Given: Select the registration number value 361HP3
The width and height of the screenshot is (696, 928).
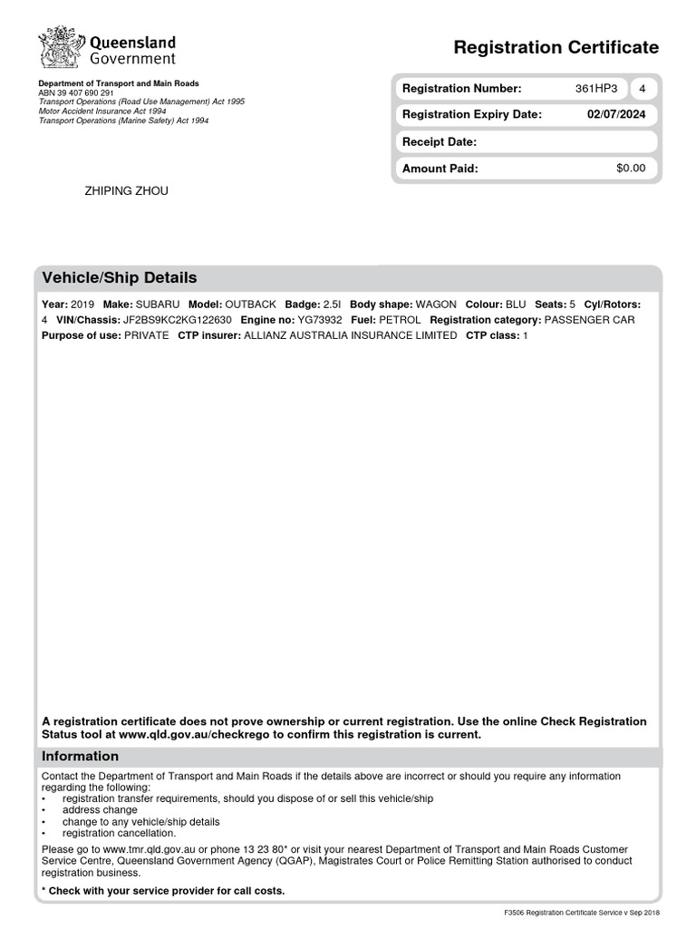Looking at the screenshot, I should tap(595, 89).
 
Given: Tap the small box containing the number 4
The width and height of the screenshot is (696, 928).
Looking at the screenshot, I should tap(642, 89).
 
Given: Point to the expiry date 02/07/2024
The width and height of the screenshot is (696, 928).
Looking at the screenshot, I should tap(616, 115).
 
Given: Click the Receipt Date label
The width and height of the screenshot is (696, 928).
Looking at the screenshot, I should tap(439, 142).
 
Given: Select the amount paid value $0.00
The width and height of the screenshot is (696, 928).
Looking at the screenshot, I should tap(630, 169).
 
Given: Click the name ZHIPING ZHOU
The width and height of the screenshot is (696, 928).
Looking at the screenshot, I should tap(126, 191).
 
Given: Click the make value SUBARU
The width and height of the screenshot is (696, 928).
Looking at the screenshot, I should tap(158, 305).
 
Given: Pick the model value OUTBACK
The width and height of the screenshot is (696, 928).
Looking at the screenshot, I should tap(251, 305).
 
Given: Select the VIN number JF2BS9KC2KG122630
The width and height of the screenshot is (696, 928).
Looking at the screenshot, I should tap(178, 320).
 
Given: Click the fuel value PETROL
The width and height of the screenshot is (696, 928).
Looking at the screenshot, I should tap(400, 320).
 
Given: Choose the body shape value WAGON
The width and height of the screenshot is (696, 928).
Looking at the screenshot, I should tap(436, 305).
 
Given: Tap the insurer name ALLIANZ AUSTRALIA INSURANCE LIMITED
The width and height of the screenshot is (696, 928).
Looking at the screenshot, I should tap(350, 335).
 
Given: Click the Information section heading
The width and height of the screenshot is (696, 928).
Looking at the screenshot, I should tap(80, 756).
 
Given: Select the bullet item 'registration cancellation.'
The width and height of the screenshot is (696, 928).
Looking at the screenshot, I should tap(120, 833).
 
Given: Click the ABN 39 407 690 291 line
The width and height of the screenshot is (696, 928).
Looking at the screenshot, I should tap(76, 92).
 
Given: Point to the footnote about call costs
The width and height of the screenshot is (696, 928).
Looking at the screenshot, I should tap(163, 891).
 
